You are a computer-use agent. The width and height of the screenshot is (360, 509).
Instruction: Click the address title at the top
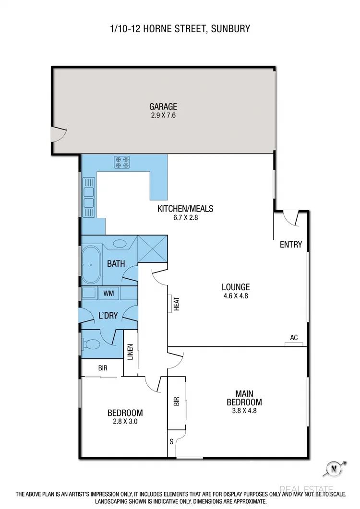tap(180, 29)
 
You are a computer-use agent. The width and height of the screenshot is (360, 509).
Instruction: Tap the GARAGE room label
tap(163, 107)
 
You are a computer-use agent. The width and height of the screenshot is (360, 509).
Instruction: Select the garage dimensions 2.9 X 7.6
tap(163, 115)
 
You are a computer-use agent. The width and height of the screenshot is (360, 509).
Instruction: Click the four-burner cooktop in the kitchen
tap(121, 163)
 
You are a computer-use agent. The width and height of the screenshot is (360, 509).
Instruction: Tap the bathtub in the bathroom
tap(90, 264)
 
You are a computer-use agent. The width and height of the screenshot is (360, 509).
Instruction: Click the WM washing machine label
tap(108, 293)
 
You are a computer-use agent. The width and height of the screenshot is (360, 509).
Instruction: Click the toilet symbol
tap(91, 344)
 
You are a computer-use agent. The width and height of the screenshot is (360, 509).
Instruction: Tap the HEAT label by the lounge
tap(176, 303)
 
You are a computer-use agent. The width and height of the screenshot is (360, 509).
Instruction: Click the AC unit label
tap(294, 338)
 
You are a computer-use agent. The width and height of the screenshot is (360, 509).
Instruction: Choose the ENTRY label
tap(291, 245)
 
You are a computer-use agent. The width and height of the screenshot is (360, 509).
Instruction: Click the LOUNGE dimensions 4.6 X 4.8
tap(235, 296)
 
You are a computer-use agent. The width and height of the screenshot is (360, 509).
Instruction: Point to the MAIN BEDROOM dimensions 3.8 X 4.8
tap(244, 410)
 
